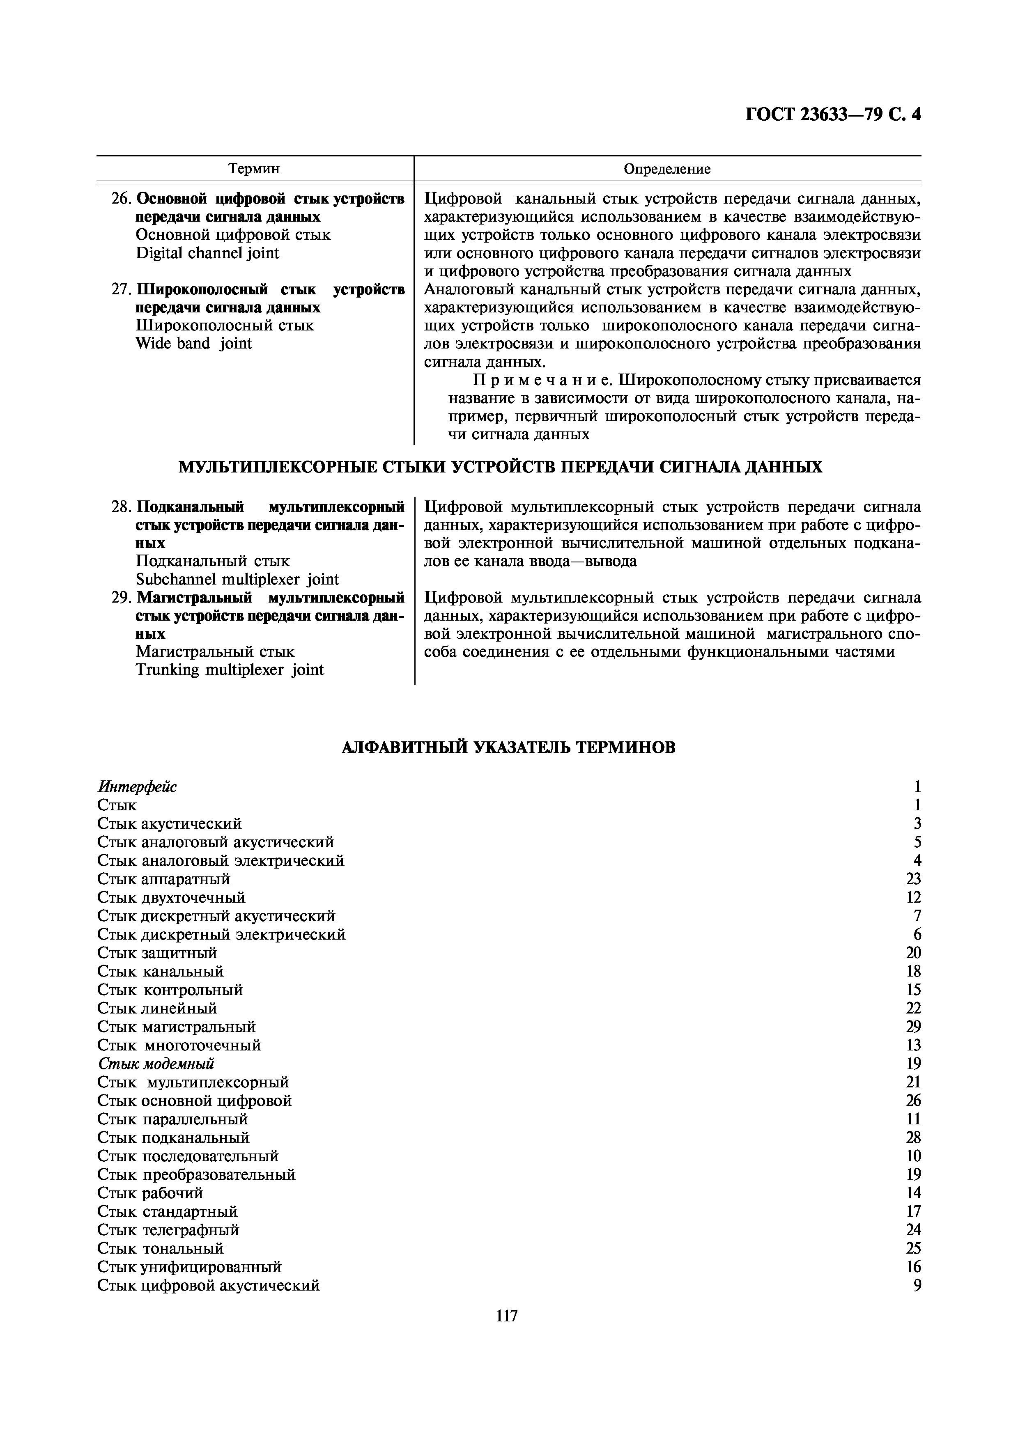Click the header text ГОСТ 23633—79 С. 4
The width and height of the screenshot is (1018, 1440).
[832, 115]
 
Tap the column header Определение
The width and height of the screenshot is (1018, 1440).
[667, 169]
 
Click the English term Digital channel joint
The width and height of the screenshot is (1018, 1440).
[207, 253]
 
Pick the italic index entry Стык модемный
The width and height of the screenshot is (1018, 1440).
[156, 1063]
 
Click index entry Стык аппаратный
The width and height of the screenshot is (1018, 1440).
[164, 879]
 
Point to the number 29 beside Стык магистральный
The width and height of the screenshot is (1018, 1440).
[913, 1027]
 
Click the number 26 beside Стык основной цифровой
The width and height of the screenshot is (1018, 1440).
[913, 1101]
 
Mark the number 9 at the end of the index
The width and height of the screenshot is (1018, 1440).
[917, 1285]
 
